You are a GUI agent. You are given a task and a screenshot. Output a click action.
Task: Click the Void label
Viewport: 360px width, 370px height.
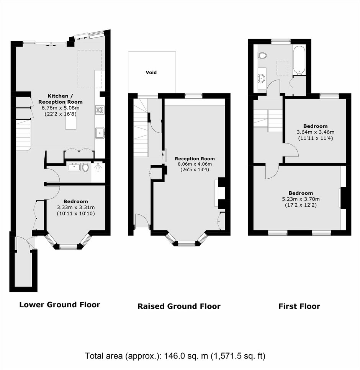(x=151, y=72)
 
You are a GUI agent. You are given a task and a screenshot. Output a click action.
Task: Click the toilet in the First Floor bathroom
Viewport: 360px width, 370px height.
(x=262, y=55)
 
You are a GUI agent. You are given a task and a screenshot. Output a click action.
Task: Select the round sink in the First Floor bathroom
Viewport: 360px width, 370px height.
(x=261, y=78)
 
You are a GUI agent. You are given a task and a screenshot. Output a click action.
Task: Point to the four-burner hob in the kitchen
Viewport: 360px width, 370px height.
(x=100, y=110)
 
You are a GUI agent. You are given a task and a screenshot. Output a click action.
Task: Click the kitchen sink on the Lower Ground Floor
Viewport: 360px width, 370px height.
(x=100, y=133)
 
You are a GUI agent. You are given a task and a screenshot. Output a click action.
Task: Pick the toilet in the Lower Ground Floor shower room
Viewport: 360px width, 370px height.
(x=85, y=167)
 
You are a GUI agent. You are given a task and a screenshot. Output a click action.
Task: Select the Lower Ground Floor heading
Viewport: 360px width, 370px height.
(x=59, y=305)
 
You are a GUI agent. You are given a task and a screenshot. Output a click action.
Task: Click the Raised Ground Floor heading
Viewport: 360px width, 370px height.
(x=179, y=306)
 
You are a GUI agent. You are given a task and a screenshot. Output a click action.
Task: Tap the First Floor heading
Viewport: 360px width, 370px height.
(x=299, y=306)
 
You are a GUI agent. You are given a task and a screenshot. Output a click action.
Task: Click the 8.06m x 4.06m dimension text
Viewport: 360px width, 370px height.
(x=195, y=164)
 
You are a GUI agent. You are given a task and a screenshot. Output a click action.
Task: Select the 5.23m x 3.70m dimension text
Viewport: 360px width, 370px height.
(x=301, y=199)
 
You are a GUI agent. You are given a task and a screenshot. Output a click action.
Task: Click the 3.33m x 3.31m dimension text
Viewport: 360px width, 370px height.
(x=76, y=207)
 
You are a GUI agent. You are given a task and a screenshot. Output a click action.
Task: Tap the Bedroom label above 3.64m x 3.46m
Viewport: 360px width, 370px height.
(x=315, y=126)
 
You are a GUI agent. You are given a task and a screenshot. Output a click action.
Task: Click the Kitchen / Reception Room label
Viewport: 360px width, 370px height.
(x=61, y=99)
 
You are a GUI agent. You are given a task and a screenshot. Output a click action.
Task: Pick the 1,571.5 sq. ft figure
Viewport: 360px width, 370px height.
(x=237, y=355)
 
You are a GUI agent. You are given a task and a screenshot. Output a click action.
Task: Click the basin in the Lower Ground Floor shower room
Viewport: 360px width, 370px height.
(x=74, y=167)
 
